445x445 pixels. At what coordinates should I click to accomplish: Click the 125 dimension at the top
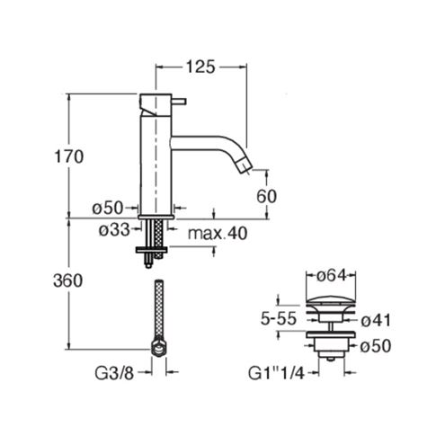200,67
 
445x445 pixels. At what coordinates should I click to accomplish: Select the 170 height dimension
68,156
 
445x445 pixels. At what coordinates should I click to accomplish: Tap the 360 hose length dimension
67,281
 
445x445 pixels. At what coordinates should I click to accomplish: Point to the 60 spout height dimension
266,196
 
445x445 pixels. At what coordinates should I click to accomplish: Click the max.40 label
218,233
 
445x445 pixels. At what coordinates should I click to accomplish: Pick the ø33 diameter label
115,230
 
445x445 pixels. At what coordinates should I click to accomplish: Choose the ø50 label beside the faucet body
108,208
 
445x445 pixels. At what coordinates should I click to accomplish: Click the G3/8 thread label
114,373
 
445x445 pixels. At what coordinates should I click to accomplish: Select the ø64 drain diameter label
331,275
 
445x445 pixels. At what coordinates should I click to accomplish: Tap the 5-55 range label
279,318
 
